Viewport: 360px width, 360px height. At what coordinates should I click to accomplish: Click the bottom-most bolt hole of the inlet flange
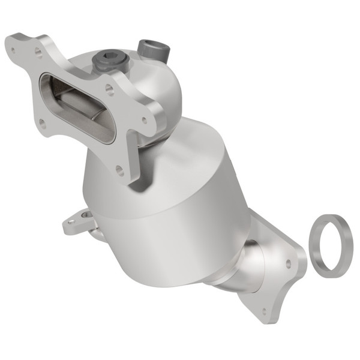point(119,170)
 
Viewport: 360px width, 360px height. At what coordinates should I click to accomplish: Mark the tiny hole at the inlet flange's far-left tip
point(11,43)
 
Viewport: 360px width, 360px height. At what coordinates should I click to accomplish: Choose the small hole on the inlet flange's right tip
point(144,119)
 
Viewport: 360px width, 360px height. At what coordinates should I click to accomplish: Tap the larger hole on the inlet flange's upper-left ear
point(37,53)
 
